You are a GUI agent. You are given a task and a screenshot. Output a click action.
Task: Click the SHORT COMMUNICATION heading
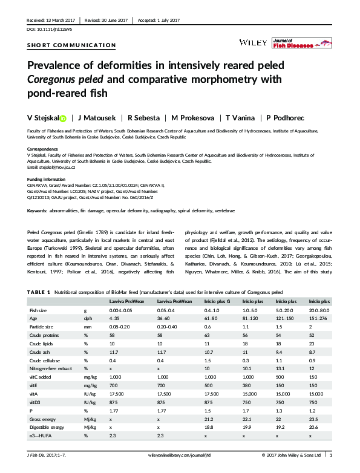point(71,45)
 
